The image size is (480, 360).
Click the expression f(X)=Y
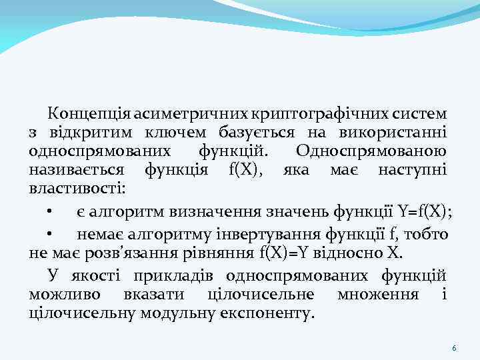pyautogui.click(x=289, y=253)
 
